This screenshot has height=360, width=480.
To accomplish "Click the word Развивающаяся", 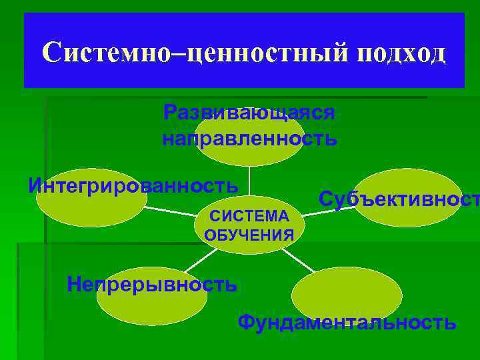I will click(x=249, y=112).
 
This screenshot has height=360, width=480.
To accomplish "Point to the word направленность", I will click(x=249, y=139).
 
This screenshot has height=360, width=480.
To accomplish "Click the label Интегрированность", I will click(x=133, y=183).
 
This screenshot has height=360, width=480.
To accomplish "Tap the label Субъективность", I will click(x=399, y=198).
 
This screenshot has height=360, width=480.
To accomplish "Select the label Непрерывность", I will click(x=152, y=285).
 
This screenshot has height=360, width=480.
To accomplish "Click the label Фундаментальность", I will click(x=347, y=323).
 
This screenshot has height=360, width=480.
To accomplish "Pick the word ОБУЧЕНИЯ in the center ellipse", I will click(x=249, y=234).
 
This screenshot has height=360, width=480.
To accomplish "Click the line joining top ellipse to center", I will click(x=249, y=180).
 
